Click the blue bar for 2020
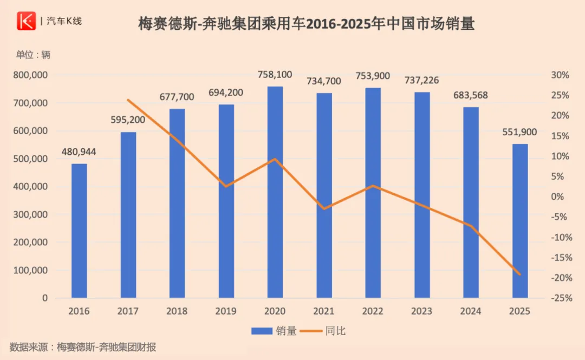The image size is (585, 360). (x=275, y=192)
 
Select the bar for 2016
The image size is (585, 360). (x=79, y=231)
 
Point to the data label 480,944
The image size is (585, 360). (x=79, y=152)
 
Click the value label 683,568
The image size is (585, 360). (x=470, y=95)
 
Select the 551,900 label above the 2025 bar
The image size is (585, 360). (x=519, y=132)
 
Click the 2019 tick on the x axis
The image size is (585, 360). (x=226, y=311)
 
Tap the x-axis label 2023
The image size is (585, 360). (x=421, y=311)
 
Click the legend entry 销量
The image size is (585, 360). (x=274, y=331)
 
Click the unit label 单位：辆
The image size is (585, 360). (x=32, y=55)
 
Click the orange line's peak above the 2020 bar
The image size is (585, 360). (x=275, y=159)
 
